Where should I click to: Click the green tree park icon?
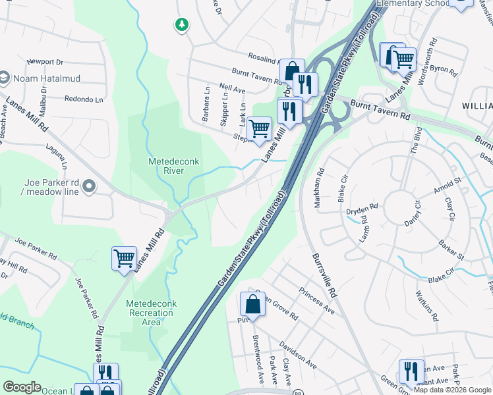(181, 25)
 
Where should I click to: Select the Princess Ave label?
(316, 300)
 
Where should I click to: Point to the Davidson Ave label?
(298, 354)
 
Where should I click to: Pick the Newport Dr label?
(45, 63)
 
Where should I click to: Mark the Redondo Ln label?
(84, 99)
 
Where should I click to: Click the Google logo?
(22, 387)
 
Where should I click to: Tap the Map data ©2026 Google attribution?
(452, 390)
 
